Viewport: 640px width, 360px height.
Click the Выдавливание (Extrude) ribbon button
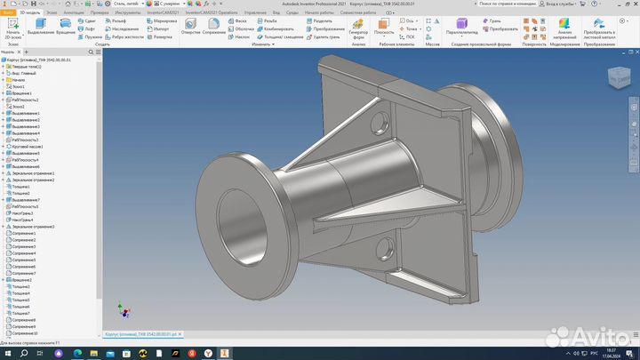tap(40, 28)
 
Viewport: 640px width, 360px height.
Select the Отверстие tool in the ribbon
tap(189, 28)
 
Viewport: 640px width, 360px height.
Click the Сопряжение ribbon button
tap(214, 28)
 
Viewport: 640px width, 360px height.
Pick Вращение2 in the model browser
tap(21, 280)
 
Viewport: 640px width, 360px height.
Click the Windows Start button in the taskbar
tap(8, 352)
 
